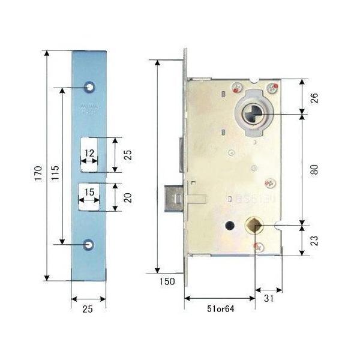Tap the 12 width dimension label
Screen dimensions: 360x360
click(88, 154)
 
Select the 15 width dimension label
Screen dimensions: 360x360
click(88, 192)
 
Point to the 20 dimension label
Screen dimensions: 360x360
click(128, 197)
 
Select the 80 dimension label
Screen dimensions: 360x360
click(314, 170)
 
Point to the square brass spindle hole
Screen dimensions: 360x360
click(254, 226)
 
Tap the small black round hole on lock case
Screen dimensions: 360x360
click(229, 224)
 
